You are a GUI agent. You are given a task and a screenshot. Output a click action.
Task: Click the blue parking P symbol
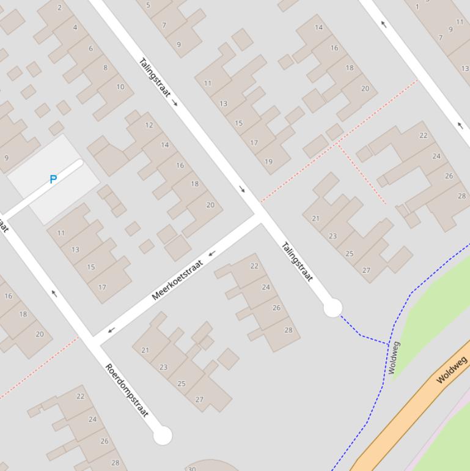pyautogui.click(x=53, y=179)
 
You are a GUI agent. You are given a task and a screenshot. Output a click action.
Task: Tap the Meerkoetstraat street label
pyautogui.click(x=177, y=281)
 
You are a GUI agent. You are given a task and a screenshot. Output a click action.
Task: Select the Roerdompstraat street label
pyautogui.click(x=127, y=390)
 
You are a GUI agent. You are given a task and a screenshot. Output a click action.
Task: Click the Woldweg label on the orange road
pyautogui.click(x=452, y=369)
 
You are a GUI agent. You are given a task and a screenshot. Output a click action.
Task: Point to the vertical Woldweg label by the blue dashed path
pyautogui.click(x=394, y=358)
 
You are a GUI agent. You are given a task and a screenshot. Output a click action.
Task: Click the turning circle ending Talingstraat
pyautogui.click(x=332, y=308)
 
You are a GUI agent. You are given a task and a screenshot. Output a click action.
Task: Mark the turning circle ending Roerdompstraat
pyautogui.click(x=163, y=436)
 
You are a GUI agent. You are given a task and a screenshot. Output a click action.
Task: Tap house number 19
pyautogui.click(x=268, y=161)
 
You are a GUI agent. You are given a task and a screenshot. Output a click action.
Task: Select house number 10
pyautogui.click(x=120, y=87)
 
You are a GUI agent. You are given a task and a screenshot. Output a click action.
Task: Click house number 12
pyautogui.click(x=149, y=125)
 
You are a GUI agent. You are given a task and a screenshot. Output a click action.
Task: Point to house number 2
pyautogui.click(x=59, y=7)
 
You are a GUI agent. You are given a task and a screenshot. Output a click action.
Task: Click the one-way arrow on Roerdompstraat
pyautogui.click(x=54, y=294)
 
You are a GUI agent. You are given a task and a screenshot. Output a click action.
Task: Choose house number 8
pyautogui.click(x=105, y=67)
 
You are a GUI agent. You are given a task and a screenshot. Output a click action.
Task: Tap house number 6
pyautogui.click(x=90, y=48)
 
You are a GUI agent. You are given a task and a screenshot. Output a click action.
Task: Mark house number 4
pyautogui.click(x=75, y=27)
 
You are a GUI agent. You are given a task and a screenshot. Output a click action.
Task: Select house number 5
pyautogui.click(x=148, y=6)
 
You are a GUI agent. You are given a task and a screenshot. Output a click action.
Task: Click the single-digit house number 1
pyautogui.click(x=417, y=7)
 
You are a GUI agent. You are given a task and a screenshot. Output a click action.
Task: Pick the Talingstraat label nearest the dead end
pyautogui.click(x=297, y=262)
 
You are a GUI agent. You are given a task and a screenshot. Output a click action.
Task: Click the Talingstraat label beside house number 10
pyautogui.click(x=155, y=77)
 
